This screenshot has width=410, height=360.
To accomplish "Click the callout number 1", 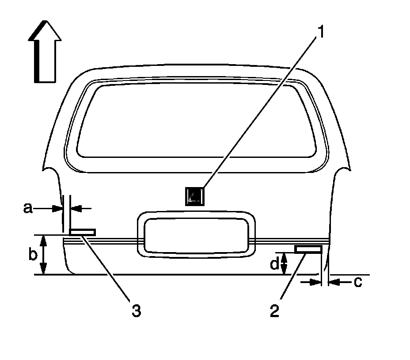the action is pyautogui.click(x=321, y=33).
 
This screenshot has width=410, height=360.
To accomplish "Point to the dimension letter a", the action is pyautogui.click(x=28, y=208).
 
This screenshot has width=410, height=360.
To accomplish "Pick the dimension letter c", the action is pyautogui.click(x=358, y=282).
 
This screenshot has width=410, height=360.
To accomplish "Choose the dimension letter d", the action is pyautogui.click(x=275, y=264).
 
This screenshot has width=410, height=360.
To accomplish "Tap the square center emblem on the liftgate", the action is pyautogui.click(x=195, y=196).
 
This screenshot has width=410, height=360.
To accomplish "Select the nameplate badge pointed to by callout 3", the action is pyautogui.click(x=83, y=232).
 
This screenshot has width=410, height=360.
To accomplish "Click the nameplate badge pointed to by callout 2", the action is pyautogui.click(x=308, y=250).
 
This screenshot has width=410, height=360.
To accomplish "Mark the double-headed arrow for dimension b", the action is pyautogui.click(x=43, y=255).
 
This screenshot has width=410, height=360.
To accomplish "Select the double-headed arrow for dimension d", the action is pyautogui.click(x=284, y=264).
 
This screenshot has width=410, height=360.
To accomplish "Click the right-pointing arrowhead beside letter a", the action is pyautogui.click(x=56, y=207).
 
